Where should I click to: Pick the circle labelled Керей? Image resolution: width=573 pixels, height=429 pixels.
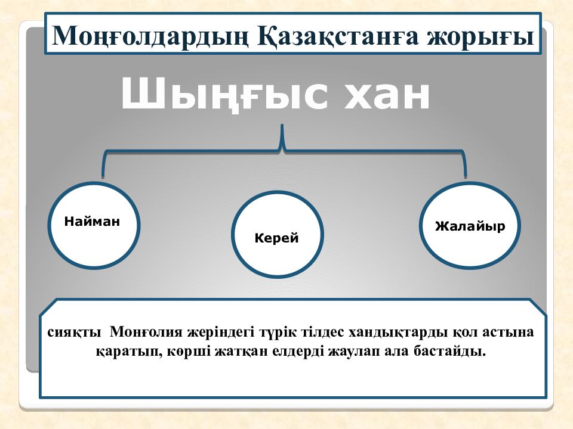pos(276,234)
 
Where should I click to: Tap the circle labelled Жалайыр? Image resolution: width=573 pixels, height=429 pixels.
pos(470,225)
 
